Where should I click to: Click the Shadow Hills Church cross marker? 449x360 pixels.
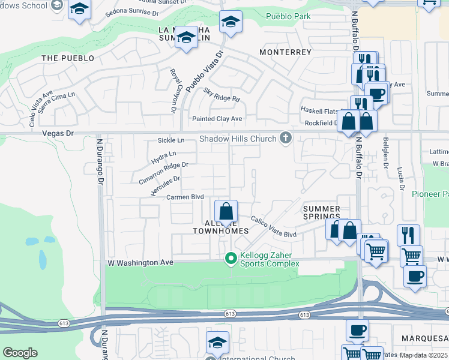(285, 139)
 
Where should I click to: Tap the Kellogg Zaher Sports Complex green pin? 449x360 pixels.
(230, 259)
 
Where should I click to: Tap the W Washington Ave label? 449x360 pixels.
(140, 263)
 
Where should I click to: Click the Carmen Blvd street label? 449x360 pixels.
(185, 197)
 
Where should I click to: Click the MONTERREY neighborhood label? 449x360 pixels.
(285, 52)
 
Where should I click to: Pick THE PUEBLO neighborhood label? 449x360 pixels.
(68, 58)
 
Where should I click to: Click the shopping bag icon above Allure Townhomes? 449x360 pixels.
(226, 212)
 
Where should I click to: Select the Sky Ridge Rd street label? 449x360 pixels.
(221, 95)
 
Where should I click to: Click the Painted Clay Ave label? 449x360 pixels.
(217, 119)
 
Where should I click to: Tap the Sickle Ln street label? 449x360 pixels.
(171, 140)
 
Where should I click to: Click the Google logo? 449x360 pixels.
(20, 353)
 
